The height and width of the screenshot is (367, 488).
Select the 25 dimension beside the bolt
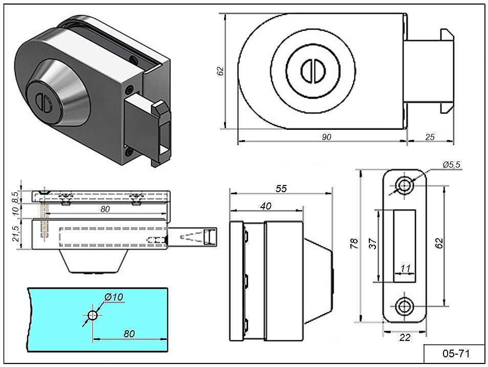tap(430, 136)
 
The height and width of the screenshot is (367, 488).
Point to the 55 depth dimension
tap(281, 189)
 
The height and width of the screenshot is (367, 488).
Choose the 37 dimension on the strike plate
tap(373, 245)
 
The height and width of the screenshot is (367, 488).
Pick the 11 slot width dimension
tap(406, 268)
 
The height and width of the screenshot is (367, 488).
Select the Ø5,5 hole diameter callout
tap(452, 164)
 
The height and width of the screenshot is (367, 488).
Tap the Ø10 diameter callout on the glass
tap(114, 297)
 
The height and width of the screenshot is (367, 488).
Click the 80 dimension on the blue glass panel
tap(129, 333)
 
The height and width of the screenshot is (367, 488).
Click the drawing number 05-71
tap(455, 354)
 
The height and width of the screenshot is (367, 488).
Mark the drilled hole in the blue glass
tap(92, 315)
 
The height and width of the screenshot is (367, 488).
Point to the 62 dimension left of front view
tap(220, 71)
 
